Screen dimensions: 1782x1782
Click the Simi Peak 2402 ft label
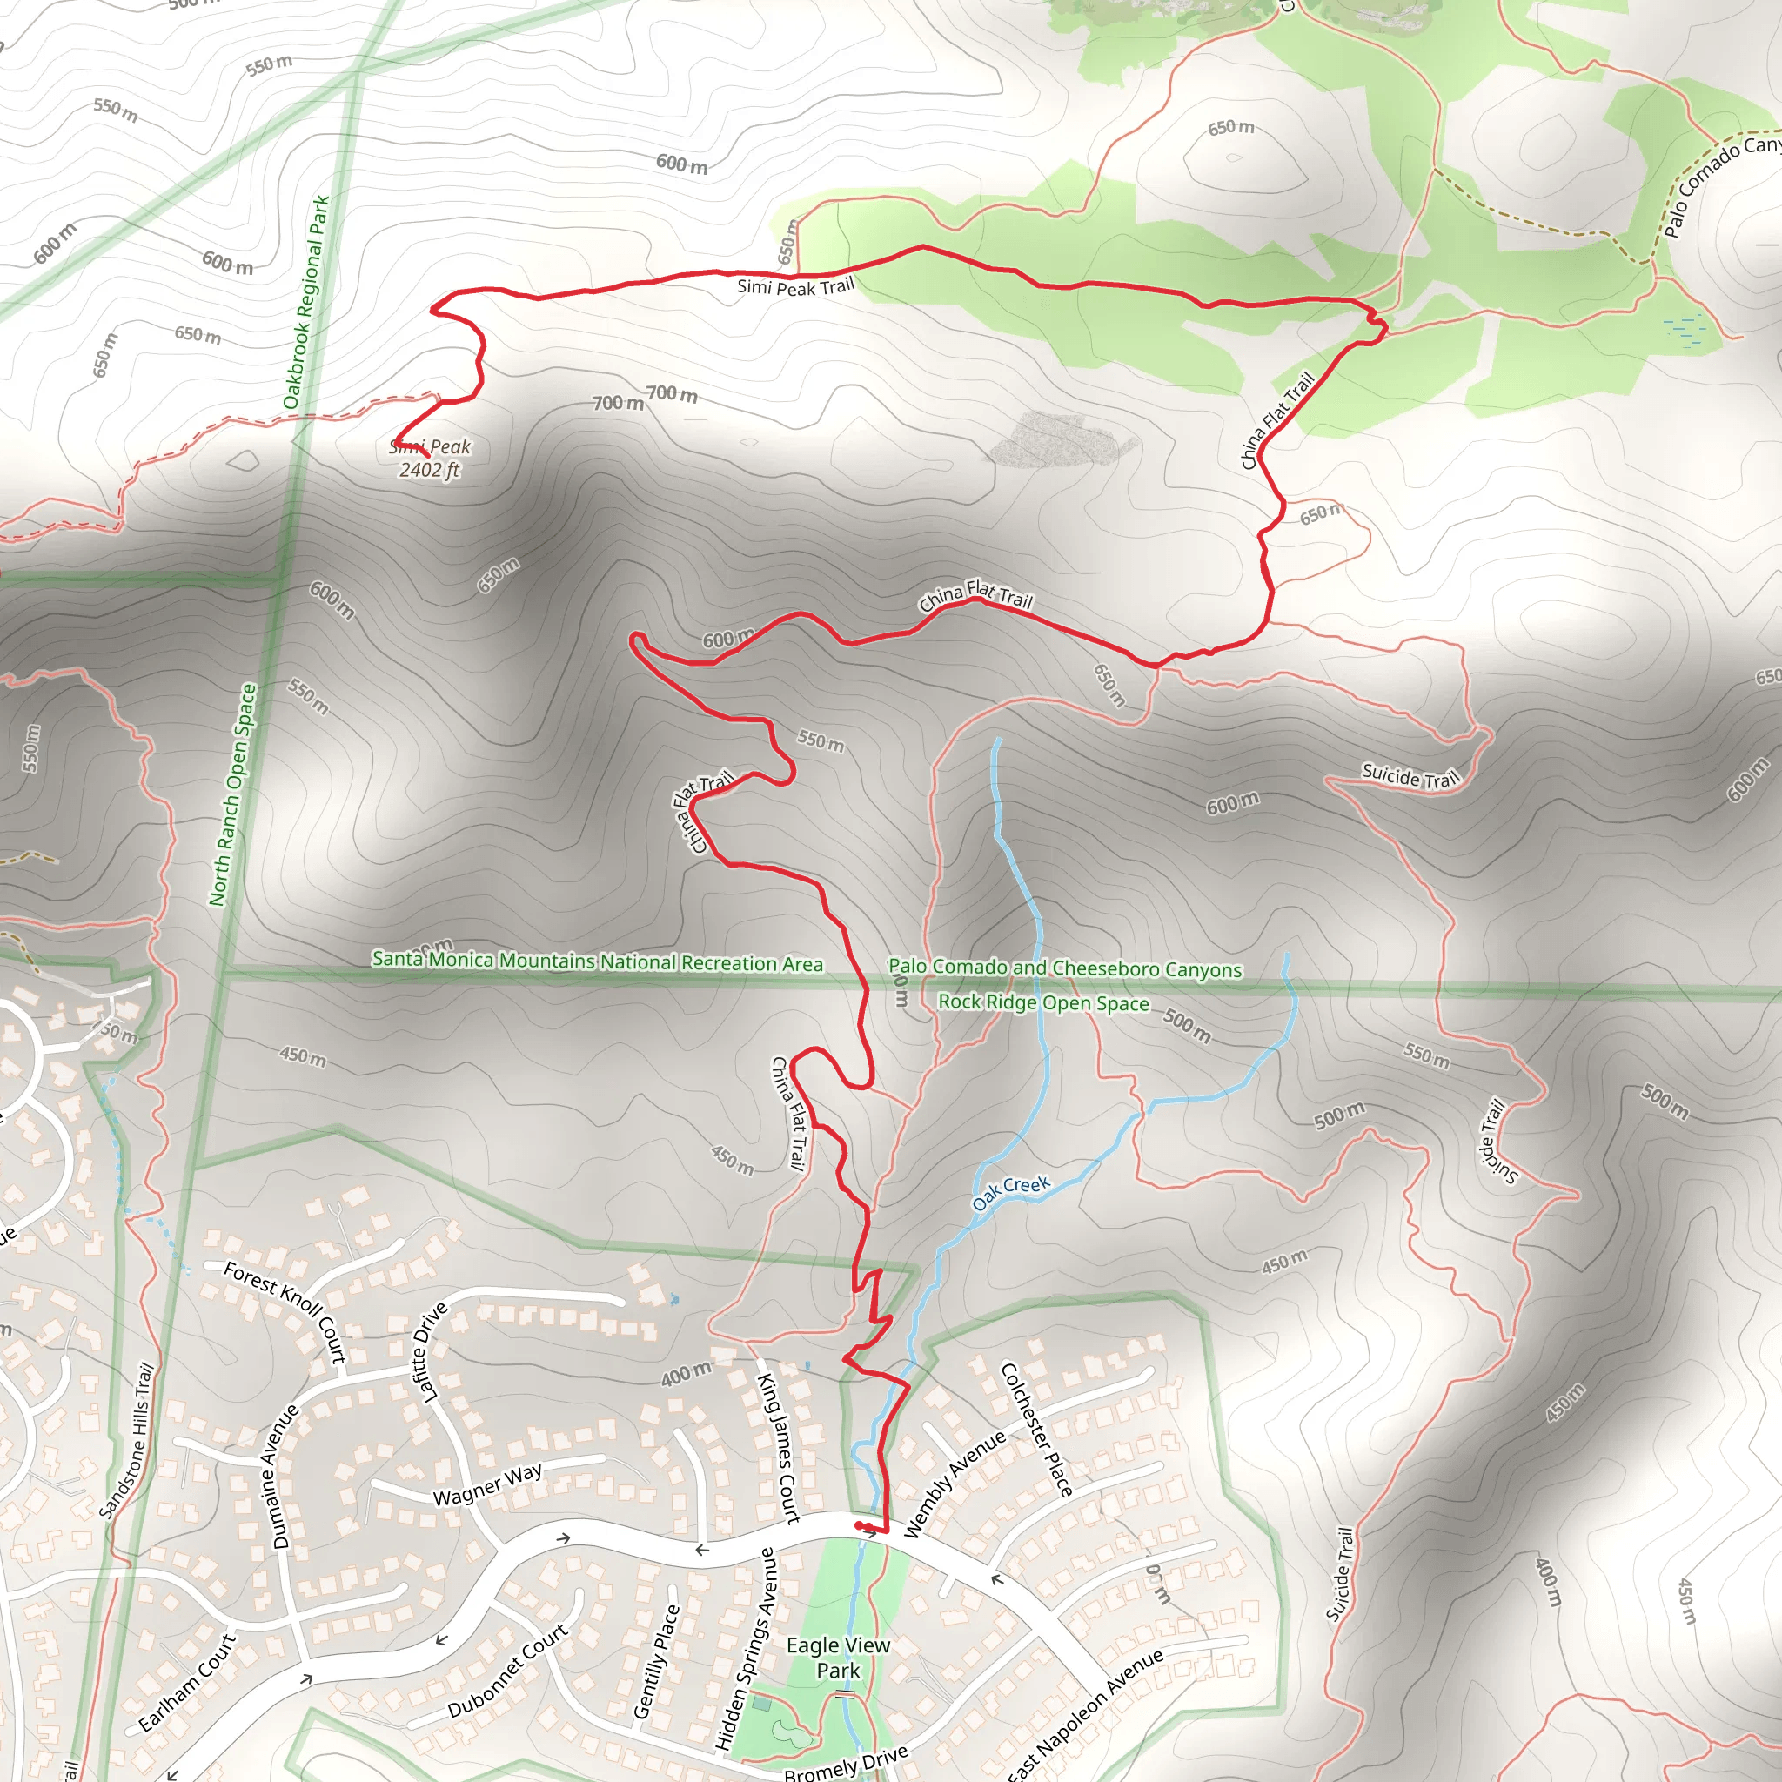click(430, 459)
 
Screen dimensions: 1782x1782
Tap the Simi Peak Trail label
click(795, 287)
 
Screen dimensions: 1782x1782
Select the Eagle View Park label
click(838, 1658)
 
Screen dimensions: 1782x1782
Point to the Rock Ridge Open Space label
click(1043, 1002)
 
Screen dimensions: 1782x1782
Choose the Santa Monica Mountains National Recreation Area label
click(597, 961)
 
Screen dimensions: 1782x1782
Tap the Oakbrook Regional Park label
click(306, 303)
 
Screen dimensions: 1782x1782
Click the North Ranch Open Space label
click(232, 794)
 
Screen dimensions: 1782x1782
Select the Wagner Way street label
click(488, 1485)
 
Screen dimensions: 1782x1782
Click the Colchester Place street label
click(1036, 1429)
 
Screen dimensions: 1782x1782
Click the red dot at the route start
click(860, 1525)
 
